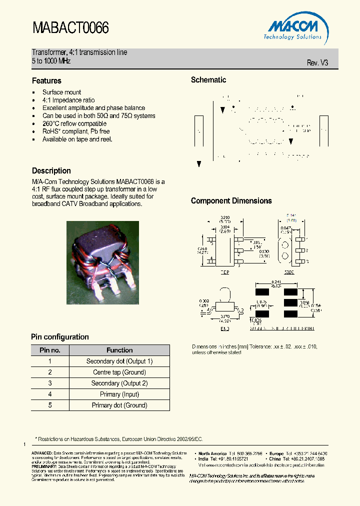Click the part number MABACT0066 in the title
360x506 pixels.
point(70,27)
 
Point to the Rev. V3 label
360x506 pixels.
point(317,63)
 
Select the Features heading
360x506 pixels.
point(46,80)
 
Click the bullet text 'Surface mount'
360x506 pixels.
point(61,92)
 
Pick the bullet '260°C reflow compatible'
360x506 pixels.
point(74,123)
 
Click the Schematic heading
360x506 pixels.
point(208,80)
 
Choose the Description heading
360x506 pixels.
point(51,170)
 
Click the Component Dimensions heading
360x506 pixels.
point(231,200)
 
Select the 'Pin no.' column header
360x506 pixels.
point(50,350)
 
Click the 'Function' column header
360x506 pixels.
point(119,350)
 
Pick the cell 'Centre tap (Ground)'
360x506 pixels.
point(119,372)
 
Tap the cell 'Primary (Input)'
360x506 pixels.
point(119,394)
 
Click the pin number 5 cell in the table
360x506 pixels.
point(50,405)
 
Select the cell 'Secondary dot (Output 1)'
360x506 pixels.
point(119,361)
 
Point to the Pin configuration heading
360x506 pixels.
point(60,337)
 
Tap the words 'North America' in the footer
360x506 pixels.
point(211,453)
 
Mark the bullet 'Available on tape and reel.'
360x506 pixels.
point(77,139)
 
